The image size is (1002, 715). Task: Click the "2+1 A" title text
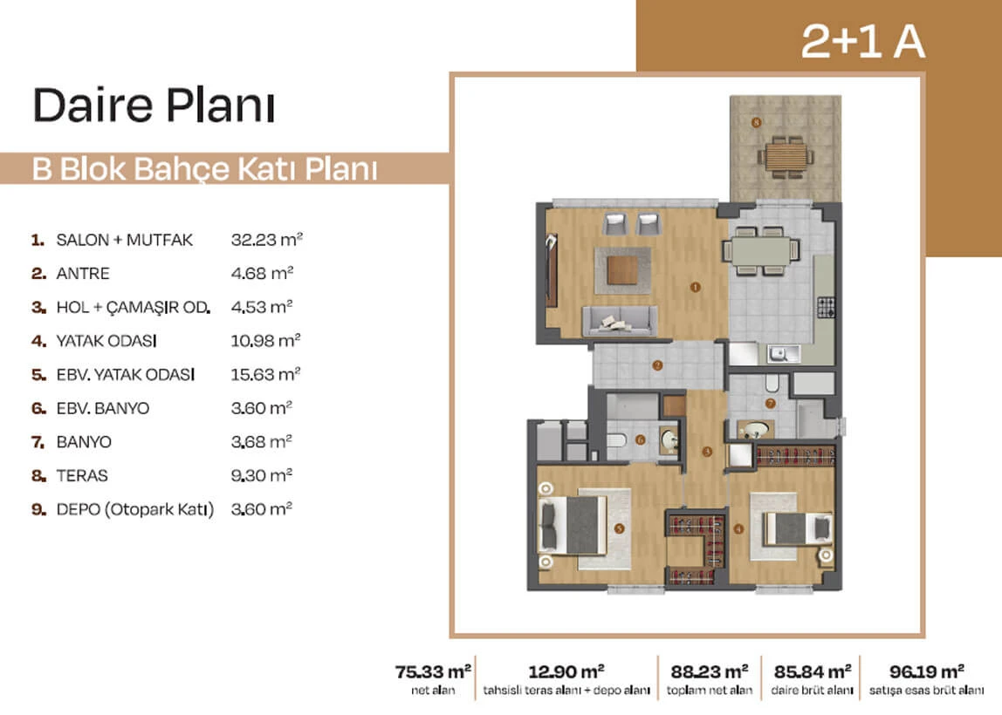(862, 42)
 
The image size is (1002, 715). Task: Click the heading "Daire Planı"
(154, 105)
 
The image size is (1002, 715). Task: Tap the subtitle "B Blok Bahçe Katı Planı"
(204, 169)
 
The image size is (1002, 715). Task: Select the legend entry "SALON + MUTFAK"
(124, 240)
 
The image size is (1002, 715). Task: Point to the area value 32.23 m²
(266, 240)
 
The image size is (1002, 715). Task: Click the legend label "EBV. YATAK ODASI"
(126, 375)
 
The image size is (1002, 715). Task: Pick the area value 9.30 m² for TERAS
(261, 475)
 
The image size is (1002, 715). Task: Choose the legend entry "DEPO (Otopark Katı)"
(134, 509)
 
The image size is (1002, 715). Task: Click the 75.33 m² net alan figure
(433, 671)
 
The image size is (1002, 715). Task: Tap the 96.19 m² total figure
(927, 671)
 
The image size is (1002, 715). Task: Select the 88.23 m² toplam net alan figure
(710, 671)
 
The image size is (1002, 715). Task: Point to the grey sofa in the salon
(619, 321)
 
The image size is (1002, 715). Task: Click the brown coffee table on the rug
(622, 270)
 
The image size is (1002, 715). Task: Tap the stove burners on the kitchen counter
(827, 307)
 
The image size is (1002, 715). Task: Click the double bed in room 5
(573, 525)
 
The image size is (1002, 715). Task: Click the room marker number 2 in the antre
(657, 366)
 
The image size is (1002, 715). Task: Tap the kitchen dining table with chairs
(761, 250)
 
